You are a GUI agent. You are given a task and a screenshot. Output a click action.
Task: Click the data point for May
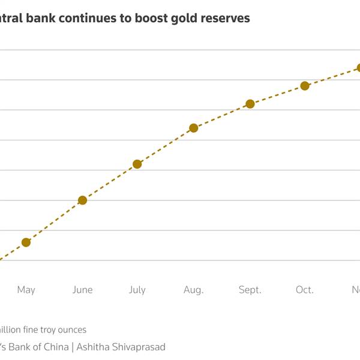26,242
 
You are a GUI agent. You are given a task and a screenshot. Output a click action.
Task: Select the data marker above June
82,200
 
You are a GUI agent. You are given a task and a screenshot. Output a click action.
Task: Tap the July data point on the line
137,164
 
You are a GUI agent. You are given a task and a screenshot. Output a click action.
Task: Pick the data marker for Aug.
193,128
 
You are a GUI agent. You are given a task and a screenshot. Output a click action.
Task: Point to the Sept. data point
250,104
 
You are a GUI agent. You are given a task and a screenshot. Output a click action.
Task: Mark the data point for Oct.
305,86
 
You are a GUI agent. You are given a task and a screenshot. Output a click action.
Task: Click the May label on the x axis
26,290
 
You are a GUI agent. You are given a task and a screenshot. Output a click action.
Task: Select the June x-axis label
82,290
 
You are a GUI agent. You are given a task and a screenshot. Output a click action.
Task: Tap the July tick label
137,290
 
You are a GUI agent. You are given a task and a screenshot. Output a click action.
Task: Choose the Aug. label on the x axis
193,290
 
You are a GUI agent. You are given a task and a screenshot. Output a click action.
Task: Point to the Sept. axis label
250,290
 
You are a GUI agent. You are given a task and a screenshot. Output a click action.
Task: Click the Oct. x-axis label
305,290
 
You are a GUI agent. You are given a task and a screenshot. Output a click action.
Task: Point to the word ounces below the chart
73,329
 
